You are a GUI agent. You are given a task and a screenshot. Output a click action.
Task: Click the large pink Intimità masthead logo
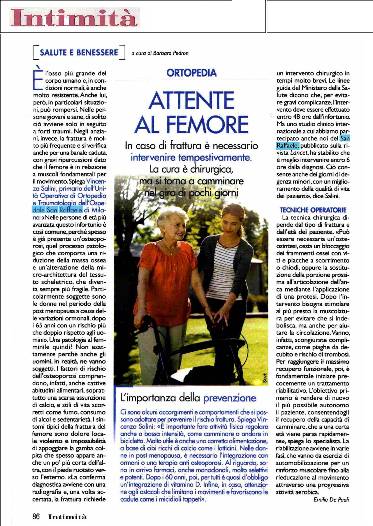pos(74,17)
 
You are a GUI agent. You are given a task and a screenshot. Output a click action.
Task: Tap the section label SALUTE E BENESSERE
pos(79,53)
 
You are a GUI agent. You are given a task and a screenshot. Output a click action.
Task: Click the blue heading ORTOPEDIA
pos(191,73)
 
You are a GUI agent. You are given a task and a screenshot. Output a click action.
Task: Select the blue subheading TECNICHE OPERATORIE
pos(313,210)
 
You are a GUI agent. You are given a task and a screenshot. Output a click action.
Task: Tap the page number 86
pos(36,516)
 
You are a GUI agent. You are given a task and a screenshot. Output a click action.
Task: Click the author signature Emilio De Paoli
pos(331,500)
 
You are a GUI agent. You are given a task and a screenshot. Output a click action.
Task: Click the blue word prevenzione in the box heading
pos(230,398)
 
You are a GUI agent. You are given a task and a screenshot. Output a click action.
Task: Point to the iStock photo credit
pos(265,378)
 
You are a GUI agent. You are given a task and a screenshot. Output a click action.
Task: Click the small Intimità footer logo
pos(68,517)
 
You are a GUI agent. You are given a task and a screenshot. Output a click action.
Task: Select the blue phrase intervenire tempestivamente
pos(191,157)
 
